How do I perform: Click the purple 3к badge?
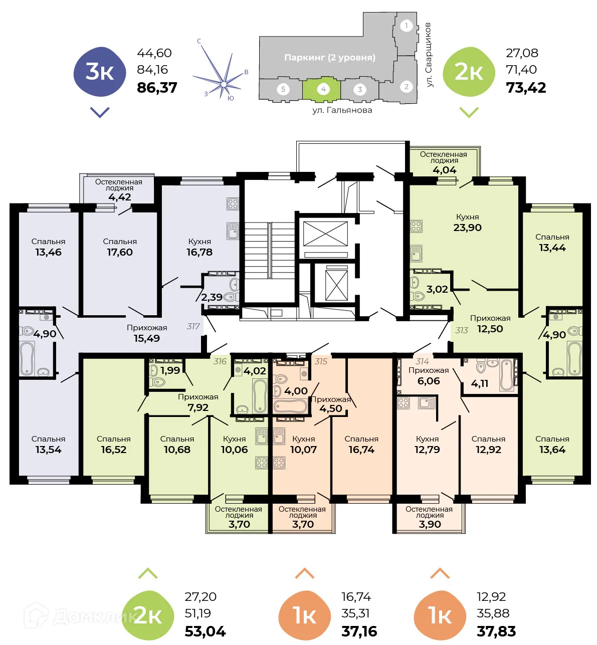[99, 72]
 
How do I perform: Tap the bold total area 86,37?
[157, 88]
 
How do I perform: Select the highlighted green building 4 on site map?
[322, 89]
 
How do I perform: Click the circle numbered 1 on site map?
[406, 26]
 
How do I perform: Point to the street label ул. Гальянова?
[342, 110]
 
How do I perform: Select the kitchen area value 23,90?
[467, 228]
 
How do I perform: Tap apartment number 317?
[193, 326]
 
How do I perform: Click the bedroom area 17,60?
[120, 252]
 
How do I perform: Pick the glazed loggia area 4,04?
[444, 170]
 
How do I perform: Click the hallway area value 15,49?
[146, 338]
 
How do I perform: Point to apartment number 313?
[461, 330]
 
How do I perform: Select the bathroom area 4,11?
[479, 383]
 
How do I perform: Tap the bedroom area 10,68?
[177, 450]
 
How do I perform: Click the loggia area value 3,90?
[430, 524]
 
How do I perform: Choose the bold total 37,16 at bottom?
[359, 631]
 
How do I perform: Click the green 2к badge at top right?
[469, 72]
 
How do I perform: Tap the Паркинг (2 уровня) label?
[329, 58]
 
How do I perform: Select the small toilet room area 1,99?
[170, 370]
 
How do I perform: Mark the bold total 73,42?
[526, 88]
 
